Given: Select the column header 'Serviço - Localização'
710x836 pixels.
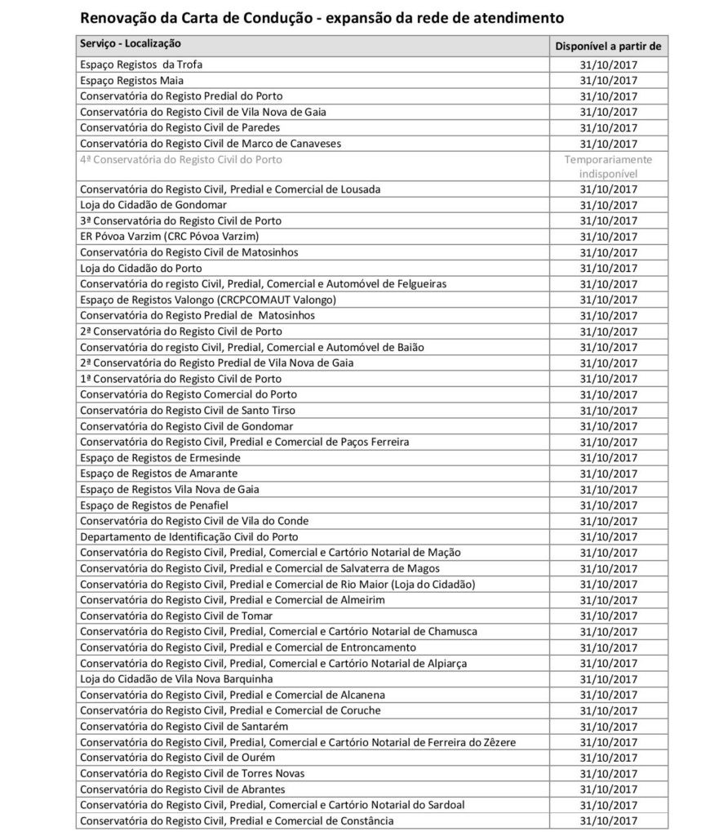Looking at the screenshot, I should (131, 43).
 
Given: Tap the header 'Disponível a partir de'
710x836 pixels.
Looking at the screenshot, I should (607, 47).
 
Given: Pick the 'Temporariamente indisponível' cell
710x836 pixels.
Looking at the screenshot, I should (608, 167).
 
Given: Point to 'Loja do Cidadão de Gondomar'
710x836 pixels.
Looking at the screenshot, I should (153, 205).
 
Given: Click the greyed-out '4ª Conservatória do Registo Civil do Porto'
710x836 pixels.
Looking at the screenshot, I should (181, 159).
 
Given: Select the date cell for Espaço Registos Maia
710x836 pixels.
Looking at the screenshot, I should (608, 81).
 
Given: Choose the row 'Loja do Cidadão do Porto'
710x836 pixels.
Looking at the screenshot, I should (141, 268).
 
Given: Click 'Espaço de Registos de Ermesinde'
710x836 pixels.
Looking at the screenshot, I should (161, 458).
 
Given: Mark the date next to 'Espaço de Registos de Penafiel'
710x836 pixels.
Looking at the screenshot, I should (608, 505).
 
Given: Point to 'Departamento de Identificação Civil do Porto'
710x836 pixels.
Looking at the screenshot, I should (189, 536).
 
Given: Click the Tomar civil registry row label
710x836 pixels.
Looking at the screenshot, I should (176, 616).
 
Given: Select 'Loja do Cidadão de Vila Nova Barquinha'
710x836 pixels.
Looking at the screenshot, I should (176, 678).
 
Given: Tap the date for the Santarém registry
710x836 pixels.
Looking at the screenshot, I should (608, 726).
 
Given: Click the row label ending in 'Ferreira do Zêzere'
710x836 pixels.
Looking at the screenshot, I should (298, 742).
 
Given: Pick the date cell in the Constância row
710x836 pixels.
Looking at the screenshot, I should (608, 820).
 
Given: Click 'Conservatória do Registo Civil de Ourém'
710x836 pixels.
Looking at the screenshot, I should (184, 758).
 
